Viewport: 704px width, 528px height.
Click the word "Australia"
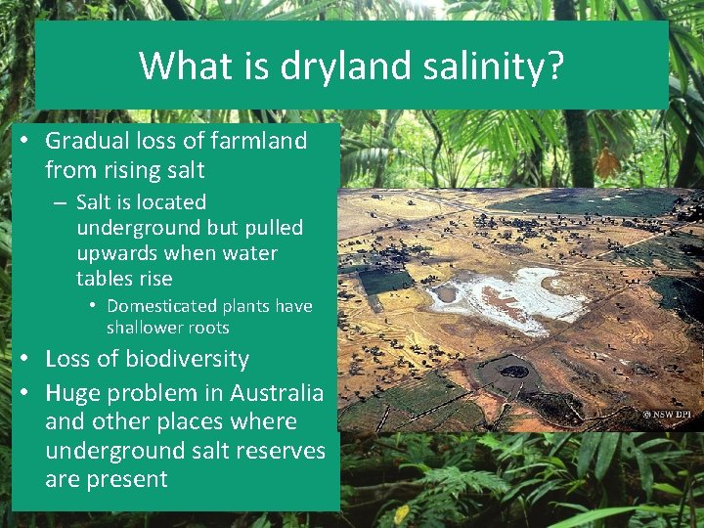coord(277,393)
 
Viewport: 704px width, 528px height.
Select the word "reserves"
coord(279,451)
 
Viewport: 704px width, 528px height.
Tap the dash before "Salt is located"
coord(61,202)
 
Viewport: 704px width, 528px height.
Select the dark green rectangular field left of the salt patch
coord(384,281)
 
